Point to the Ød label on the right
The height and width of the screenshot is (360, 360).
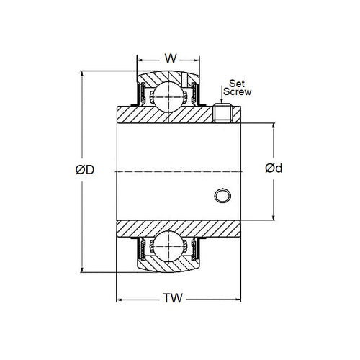(x=273, y=169)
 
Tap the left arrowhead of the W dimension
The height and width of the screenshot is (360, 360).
(x=140, y=61)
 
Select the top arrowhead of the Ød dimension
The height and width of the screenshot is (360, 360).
(x=273, y=125)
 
